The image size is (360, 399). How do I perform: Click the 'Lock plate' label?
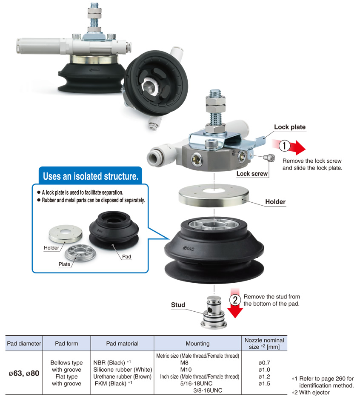pos(290,127)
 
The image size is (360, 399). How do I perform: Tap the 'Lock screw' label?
pos(252,174)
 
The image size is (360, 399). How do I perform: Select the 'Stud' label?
pos(178,305)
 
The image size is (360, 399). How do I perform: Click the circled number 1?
pos(284,146)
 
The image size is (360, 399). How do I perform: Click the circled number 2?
pos(235,300)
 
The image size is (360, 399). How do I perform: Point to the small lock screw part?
pos(269,158)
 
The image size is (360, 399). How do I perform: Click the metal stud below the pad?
pos(214,312)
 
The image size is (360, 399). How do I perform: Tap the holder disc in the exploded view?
pos(214,195)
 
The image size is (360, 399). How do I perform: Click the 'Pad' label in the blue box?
pos(127,256)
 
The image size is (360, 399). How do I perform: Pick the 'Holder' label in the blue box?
pos(51,248)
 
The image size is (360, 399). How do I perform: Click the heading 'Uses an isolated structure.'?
pos(91,176)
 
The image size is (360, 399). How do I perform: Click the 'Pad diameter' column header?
pos(24,344)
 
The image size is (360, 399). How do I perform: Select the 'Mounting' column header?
pos(197,344)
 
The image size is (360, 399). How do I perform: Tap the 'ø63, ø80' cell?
pos(24,373)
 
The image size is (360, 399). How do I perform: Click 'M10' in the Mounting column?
pos(186,370)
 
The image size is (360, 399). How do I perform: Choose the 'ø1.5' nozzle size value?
pos(264,384)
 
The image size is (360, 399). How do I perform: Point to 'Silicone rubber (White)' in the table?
pos(123,370)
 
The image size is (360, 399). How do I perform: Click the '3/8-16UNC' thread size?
pos(208,390)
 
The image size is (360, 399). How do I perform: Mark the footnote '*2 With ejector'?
pos(311,392)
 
